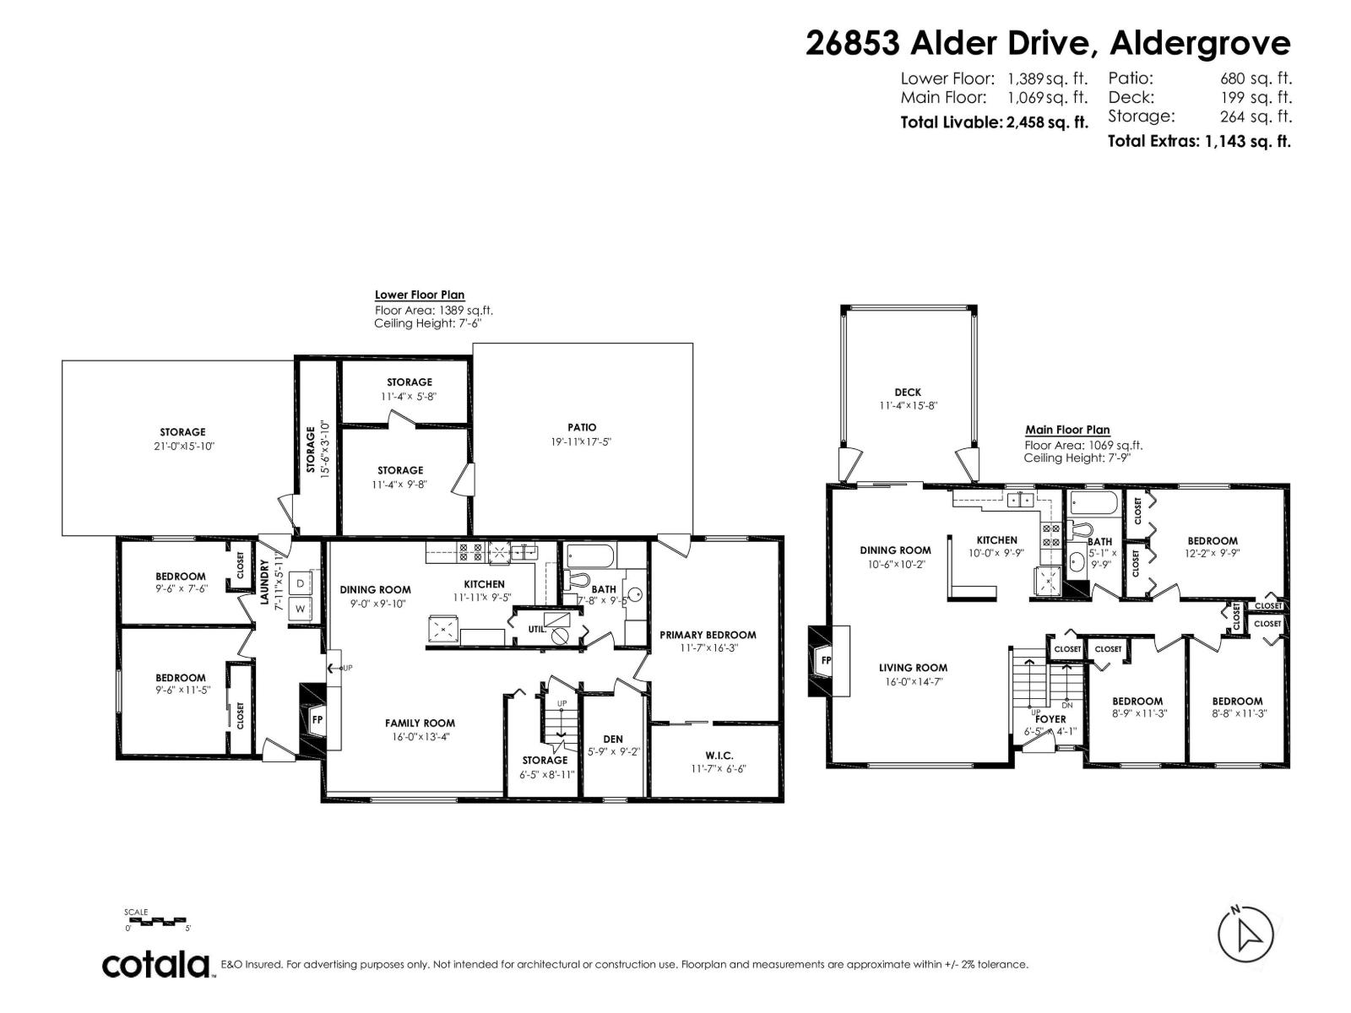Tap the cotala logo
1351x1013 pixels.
coord(156,964)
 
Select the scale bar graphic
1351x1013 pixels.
coord(158,921)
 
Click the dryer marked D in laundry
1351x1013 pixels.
coord(300,583)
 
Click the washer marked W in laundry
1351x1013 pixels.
coord(300,608)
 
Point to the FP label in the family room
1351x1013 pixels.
coord(317,720)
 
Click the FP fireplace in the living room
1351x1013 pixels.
coord(827,660)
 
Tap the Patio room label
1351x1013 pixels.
coord(582,427)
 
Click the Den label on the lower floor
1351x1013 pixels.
coord(613,739)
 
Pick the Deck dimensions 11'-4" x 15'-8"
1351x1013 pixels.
coord(908,405)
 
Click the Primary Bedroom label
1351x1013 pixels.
coord(708,635)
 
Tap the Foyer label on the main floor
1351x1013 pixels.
coord(1050,719)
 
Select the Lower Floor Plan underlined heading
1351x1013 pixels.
coord(420,295)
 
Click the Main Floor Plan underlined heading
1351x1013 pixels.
coord(1067,430)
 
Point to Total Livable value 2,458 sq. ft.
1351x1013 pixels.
coord(1046,122)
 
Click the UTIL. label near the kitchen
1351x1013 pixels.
coord(537,628)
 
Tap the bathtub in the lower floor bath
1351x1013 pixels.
coord(590,556)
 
